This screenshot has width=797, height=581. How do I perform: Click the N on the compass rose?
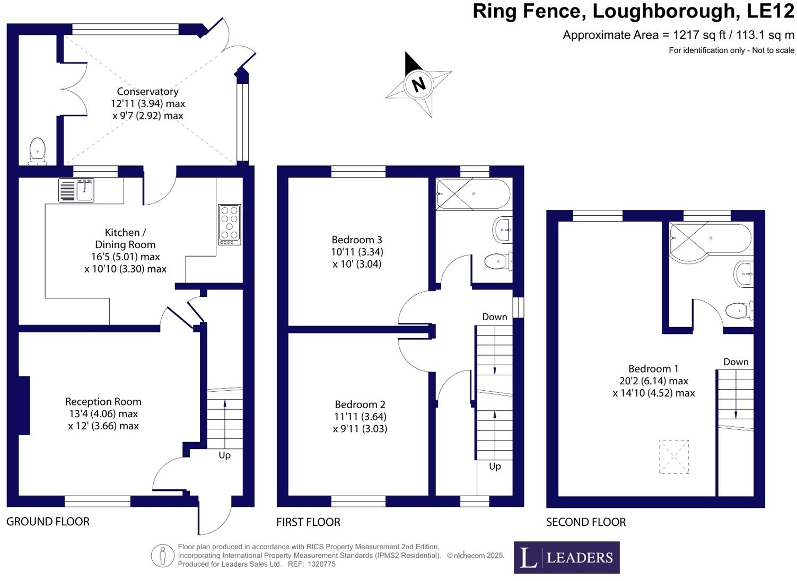(x=419, y=84)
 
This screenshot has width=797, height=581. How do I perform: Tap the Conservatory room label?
(x=147, y=92)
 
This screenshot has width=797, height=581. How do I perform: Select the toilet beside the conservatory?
(x=37, y=151)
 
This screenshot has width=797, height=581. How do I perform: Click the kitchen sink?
(x=76, y=190)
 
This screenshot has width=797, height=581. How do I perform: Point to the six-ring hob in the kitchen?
(x=230, y=224)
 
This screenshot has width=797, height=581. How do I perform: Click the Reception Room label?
(x=103, y=402)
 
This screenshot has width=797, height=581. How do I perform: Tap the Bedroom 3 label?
(x=357, y=240)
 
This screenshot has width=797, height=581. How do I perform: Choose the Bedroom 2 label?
(x=360, y=404)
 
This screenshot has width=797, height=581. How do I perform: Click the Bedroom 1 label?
(x=653, y=369)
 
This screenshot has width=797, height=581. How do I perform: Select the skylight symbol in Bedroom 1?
(x=674, y=456)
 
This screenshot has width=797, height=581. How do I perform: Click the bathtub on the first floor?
(x=473, y=194)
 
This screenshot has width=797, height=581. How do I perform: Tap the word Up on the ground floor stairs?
(x=225, y=455)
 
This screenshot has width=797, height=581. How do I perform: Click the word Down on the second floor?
(x=736, y=362)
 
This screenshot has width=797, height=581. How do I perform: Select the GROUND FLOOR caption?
(x=48, y=522)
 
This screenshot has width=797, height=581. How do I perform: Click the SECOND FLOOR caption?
(x=586, y=522)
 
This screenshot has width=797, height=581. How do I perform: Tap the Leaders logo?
(x=566, y=557)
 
